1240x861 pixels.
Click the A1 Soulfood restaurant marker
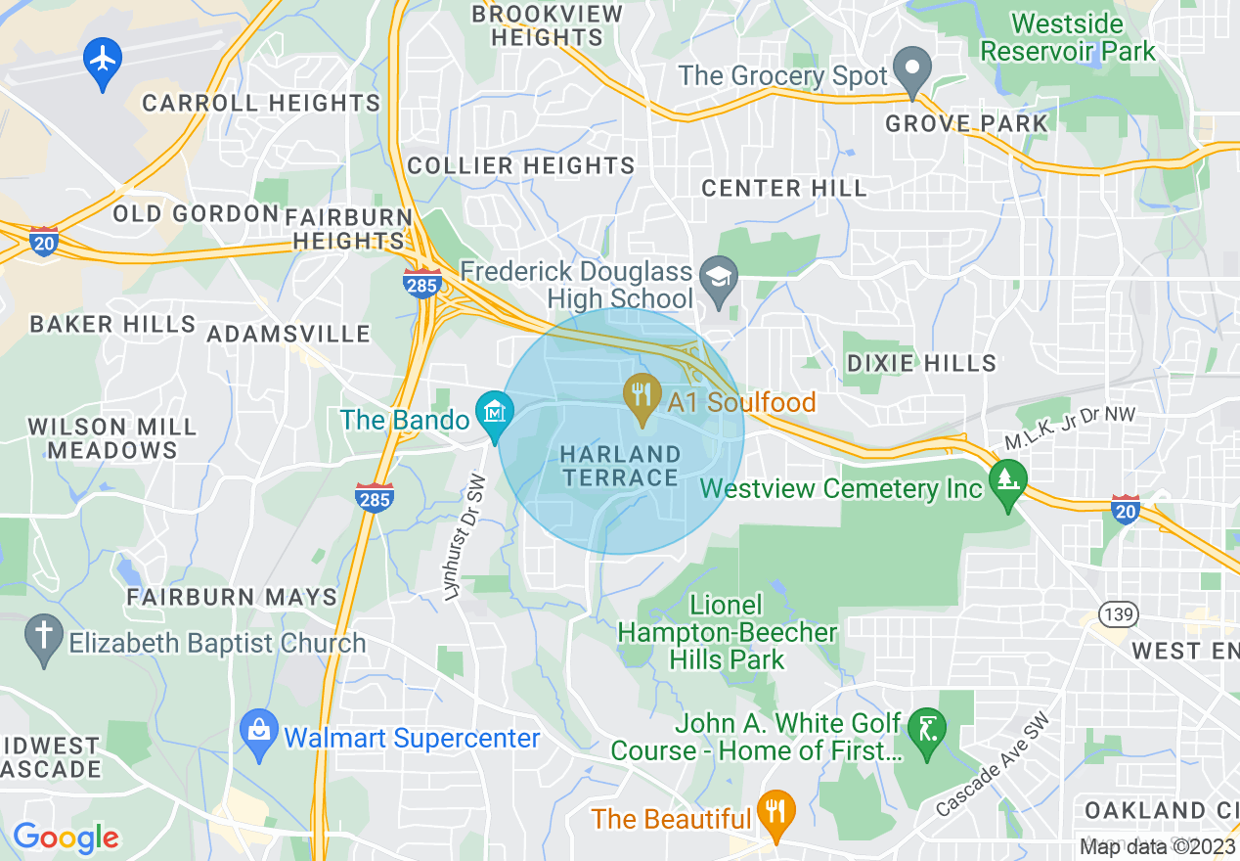pos(642,396)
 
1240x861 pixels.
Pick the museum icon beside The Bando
pos(495,413)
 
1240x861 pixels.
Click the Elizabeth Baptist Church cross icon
pos(44,636)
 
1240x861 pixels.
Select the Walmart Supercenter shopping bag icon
pos(259,733)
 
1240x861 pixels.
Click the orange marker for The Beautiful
pos(776,813)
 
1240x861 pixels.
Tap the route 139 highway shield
pos(1116,614)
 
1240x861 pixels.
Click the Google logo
pos(66,838)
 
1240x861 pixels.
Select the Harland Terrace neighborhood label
pos(620,466)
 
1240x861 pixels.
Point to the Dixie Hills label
pos(921,363)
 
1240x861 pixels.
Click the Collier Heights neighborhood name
pos(521,165)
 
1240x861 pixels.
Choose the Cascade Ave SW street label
pos(993,764)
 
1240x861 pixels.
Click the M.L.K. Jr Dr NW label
pos(1070,429)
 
